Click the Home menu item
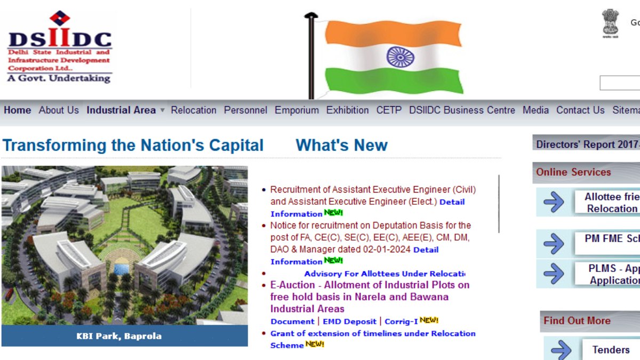click(18, 110)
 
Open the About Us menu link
click(59, 110)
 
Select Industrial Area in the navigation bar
click(121, 110)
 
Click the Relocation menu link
click(194, 110)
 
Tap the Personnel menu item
click(245, 110)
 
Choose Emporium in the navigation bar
click(297, 110)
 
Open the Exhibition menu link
click(347, 110)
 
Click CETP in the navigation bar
click(389, 110)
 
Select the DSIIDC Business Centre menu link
click(462, 110)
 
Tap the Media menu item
click(535, 110)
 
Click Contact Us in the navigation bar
click(580, 110)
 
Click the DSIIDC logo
click(59, 47)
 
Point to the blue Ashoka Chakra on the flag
click(397, 56)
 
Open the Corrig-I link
click(401, 322)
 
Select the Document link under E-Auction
click(292, 322)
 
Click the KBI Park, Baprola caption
click(119, 336)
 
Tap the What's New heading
click(341, 145)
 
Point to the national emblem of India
click(610, 22)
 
